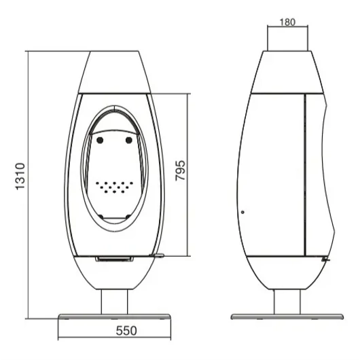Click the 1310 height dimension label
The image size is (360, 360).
pos(20,177)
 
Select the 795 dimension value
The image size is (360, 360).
pos(180,170)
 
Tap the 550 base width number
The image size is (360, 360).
pos(126,331)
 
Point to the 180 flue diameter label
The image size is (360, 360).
pos(287,22)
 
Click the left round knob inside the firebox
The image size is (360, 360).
pos(100,140)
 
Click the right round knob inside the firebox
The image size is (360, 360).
pos(129,140)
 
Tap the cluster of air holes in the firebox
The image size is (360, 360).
pos(114,187)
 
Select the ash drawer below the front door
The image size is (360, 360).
pos(115,259)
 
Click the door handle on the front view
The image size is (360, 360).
pos(157,255)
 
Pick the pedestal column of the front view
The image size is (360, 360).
pos(114,302)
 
